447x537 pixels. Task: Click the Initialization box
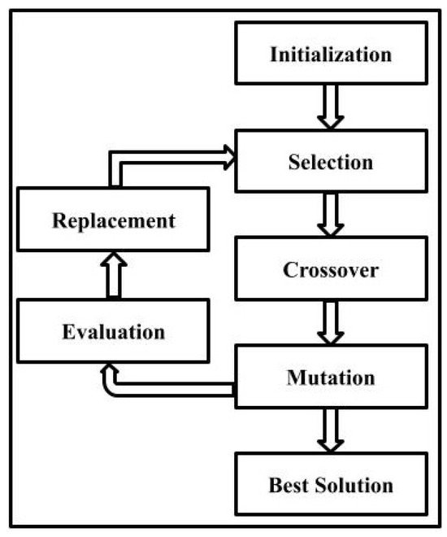click(x=331, y=55)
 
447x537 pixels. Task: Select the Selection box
click(x=331, y=161)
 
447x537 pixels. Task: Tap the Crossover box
click(x=331, y=269)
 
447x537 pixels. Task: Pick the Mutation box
click(x=331, y=378)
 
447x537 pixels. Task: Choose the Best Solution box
click(x=331, y=485)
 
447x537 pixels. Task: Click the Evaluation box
click(x=114, y=331)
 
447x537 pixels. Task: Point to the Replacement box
click(x=114, y=220)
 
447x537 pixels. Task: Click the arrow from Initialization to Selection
click(x=330, y=107)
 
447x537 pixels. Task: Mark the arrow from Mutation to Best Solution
click(x=330, y=430)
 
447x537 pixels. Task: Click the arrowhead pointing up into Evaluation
click(x=108, y=371)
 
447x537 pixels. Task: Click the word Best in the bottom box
click(x=288, y=486)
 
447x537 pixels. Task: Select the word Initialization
click(x=331, y=55)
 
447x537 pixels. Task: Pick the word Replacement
click(x=114, y=220)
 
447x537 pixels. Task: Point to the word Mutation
click(x=331, y=378)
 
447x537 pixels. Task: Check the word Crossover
click(x=331, y=269)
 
